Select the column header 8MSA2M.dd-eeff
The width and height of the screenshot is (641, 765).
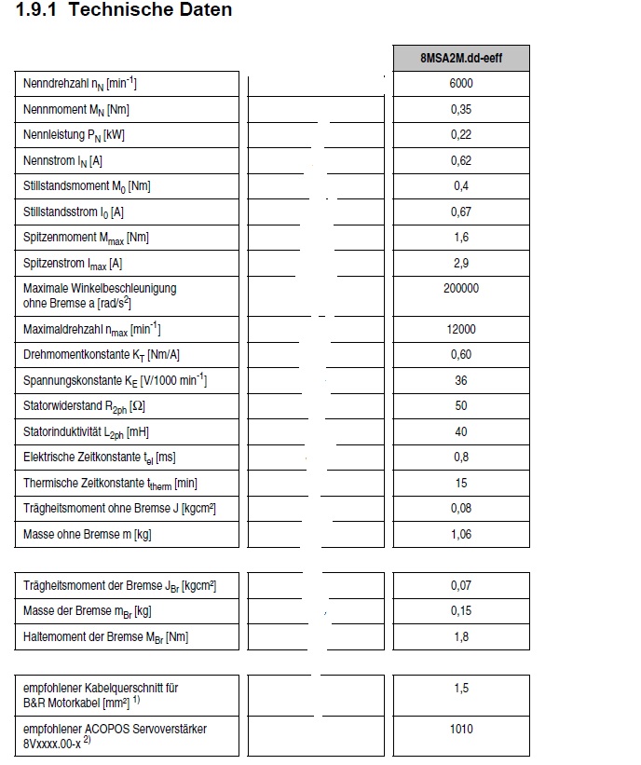tap(461, 58)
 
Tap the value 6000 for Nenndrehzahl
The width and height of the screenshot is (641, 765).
tap(461, 84)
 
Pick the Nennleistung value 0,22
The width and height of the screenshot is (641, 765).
tap(461, 135)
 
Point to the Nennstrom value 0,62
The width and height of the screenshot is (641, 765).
tap(461, 161)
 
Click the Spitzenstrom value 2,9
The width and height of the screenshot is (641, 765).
tap(461, 264)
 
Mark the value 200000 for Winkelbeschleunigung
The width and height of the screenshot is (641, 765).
tap(461, 289)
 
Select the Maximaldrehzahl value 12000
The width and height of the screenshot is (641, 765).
tap(461, 329)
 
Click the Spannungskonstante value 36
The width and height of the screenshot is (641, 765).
tap(461, 380)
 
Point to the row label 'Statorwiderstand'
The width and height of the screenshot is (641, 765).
tap(84, 406)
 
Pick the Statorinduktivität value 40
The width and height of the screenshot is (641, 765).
tap(461, 431)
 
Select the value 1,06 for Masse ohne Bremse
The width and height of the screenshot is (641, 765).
tap(461, 534)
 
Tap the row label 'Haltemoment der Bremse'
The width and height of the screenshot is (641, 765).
tap(105, 637)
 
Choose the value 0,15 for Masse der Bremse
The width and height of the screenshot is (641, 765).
tap(461, 611)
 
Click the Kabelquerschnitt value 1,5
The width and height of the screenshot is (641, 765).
tap(461, 689)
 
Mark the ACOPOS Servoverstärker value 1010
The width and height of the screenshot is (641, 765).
tap(461, 730)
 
